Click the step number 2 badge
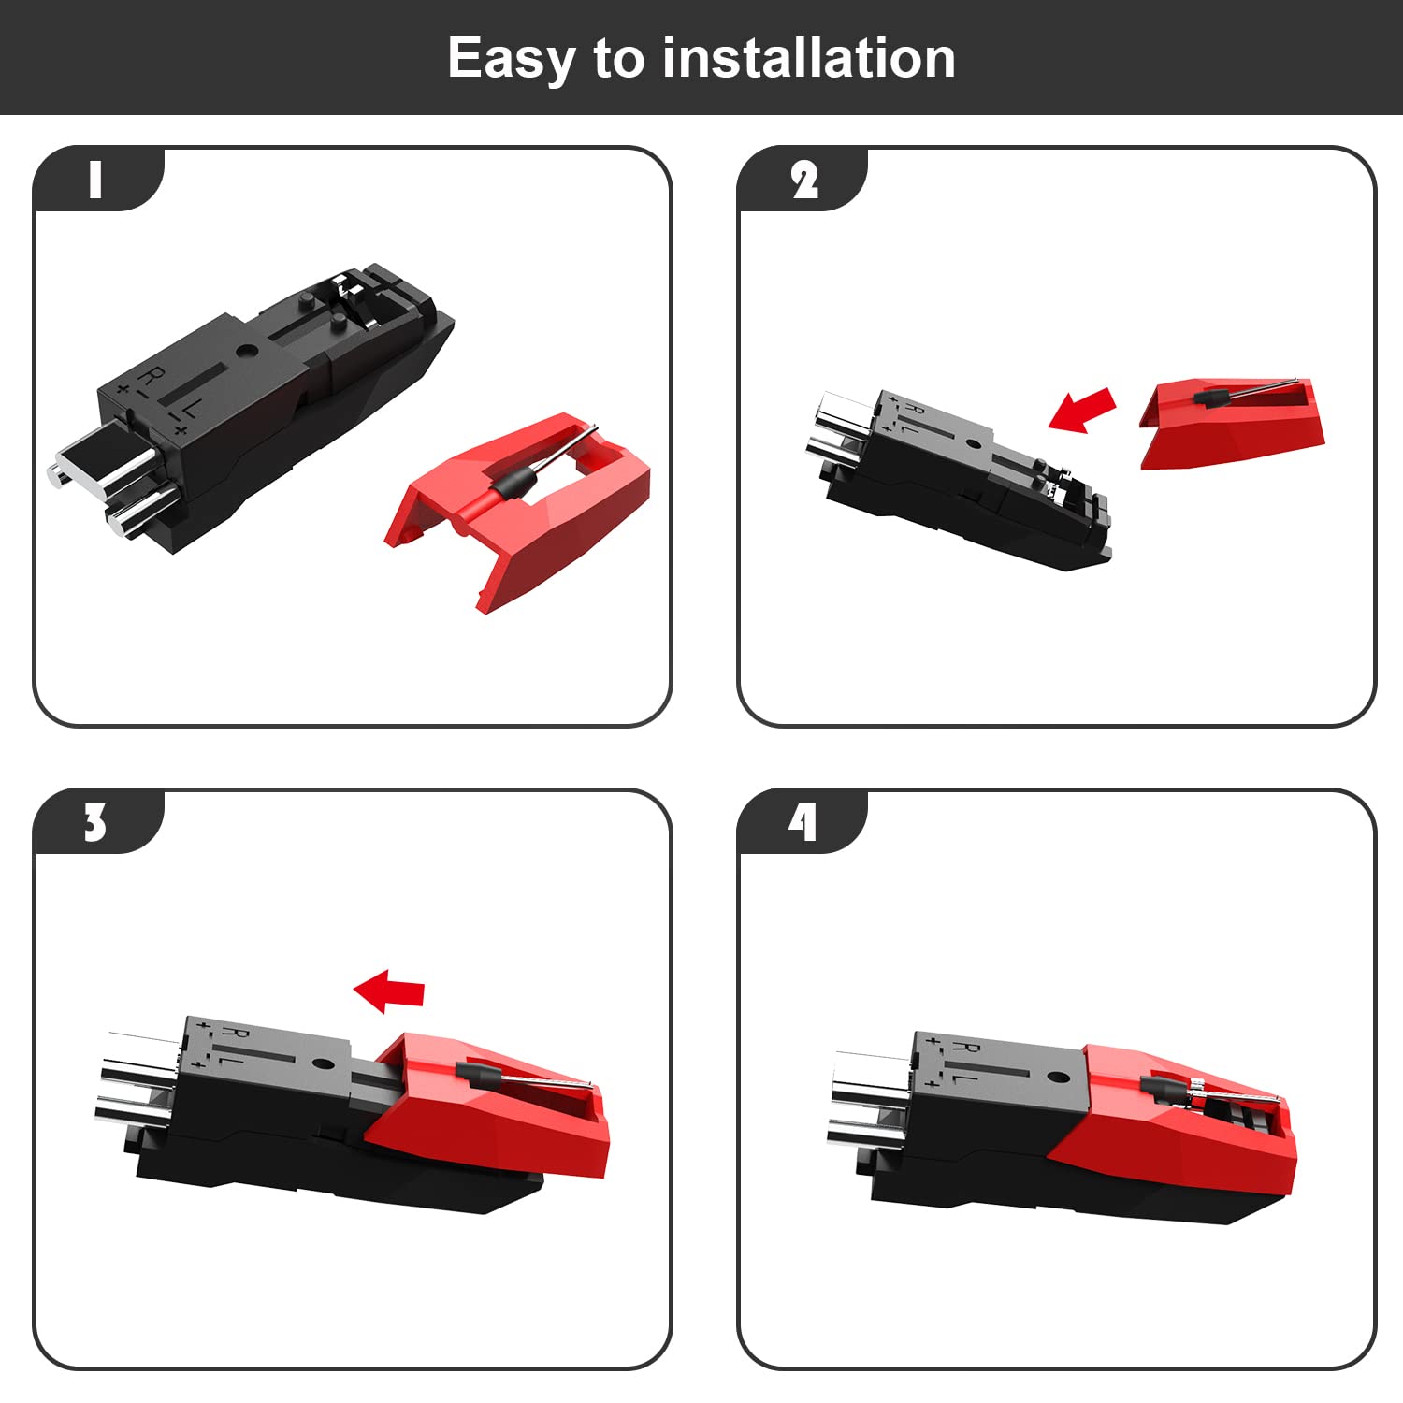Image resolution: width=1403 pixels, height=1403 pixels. coord(803,180)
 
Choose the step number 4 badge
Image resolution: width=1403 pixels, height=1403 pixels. coord(803,823)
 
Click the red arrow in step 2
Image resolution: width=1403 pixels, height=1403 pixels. coord(1082,410)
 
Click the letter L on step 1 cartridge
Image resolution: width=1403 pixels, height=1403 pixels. coord(189,408)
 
